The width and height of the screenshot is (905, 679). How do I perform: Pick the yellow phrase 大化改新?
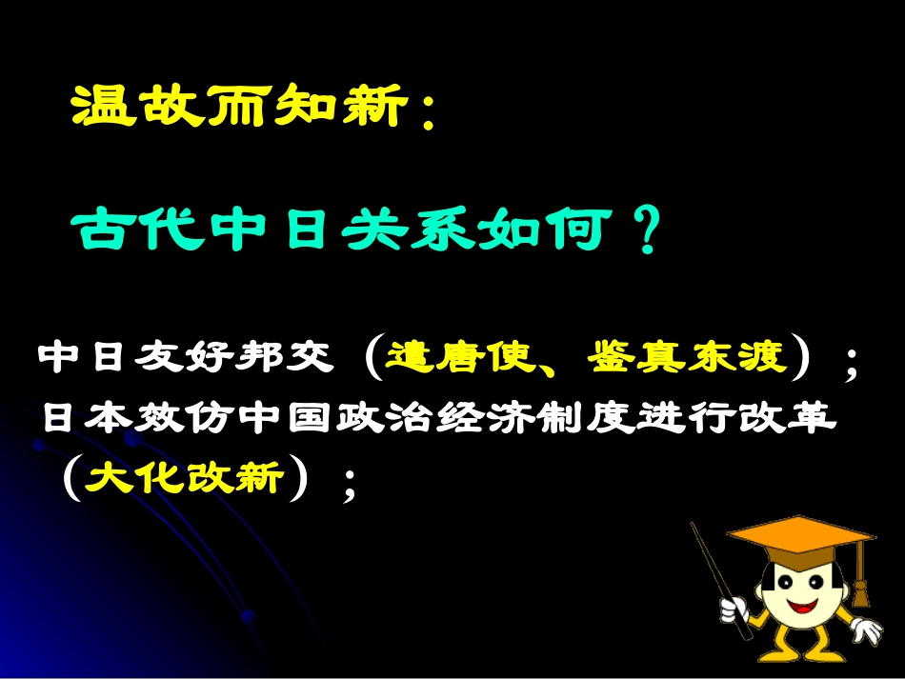tap(185, 476)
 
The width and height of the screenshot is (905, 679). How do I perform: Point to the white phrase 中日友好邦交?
tap(186, 359)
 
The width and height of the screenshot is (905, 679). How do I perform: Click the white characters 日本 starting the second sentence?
tap(87, 420)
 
